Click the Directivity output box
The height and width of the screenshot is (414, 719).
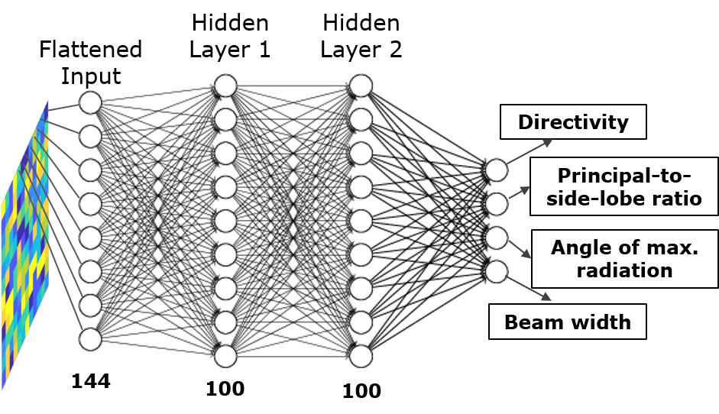tap(573, 122)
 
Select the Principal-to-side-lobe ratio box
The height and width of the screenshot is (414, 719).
tap(624, 186)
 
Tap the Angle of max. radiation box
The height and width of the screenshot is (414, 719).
tap(624, 259)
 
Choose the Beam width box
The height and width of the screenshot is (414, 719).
tap(568, 322)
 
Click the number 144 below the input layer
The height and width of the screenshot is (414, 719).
tap(91, 381)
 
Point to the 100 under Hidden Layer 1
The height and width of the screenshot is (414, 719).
tap(225, 389)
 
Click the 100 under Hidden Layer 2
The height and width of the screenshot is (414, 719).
tap(361, 391)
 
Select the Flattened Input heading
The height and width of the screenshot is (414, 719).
tap(91, 63)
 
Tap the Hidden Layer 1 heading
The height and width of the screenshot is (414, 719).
tap(230, 36)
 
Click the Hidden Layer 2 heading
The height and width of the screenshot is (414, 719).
tap(361, 36)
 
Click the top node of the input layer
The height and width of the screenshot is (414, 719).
tap(90, 102)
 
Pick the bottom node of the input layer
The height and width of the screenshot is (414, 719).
tap(90, 339)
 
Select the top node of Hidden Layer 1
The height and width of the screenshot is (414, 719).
tap(225, 86)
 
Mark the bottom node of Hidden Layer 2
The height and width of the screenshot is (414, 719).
tap(361, 356)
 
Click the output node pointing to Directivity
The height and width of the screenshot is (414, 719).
tap(496, 170)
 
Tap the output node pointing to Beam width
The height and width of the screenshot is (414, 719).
tap(496, 271)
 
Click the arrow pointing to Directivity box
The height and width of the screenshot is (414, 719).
tap(530, 151)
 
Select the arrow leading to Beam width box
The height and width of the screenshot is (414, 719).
tap(529, 289)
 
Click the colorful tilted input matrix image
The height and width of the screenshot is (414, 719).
tap(24, 245)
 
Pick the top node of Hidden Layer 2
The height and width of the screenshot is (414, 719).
tap(361, 86)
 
